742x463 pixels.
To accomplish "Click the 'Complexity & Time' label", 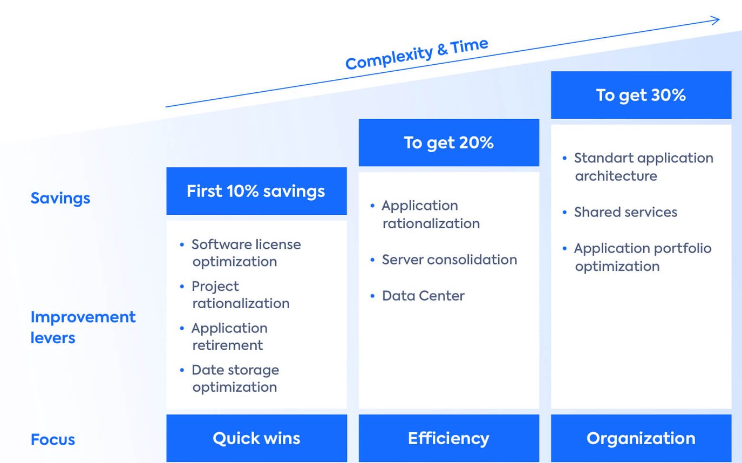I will pyautogui.click(x=417, y=54).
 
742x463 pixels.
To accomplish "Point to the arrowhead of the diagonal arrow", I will pyautogui.click(x=717, y=21).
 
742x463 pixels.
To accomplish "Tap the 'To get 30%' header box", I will pyautogui.click(x=641, y=95).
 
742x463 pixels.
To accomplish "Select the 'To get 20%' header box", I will pyautogui.click(x=448, y=142).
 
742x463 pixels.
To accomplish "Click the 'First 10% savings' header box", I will pyautogui.click(x=256, y=191).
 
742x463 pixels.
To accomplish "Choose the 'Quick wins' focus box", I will pyautogui.click(x=256, y=438).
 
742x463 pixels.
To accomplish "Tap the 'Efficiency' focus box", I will pyautogui.click(x=448, y=438).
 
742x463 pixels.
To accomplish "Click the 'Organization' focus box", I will pyautogui.click(x=641, y=438).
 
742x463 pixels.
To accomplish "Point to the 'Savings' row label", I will pyautogui.click(x=60, y=198).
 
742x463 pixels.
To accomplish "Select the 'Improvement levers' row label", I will pyautogui.click(x=83, y=327).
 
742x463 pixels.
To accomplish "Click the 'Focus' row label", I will pyautogui.click(x=53, y=439).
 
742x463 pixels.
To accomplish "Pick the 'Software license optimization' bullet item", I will pyautogui.click(x=246, y=253).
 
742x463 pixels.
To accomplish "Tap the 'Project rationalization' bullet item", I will pyautogui.click(x=240, y=295).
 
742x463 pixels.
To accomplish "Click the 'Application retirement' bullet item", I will pyautogui.click(x=229, y=337).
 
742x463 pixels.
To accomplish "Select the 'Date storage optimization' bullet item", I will pyautogui.click(x=235, y=378).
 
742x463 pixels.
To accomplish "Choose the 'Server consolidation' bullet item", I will pyautogui.click(x=449, y=260).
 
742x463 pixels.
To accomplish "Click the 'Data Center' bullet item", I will pyautogui.click(x=423, y=296).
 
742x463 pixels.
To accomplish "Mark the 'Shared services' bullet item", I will pyautogui.click(x=625, y=212).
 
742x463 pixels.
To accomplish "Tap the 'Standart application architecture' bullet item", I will pyautogui.click(x=643, y=167).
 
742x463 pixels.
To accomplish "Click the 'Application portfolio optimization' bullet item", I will pyautogui.click(x=642, y=257).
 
